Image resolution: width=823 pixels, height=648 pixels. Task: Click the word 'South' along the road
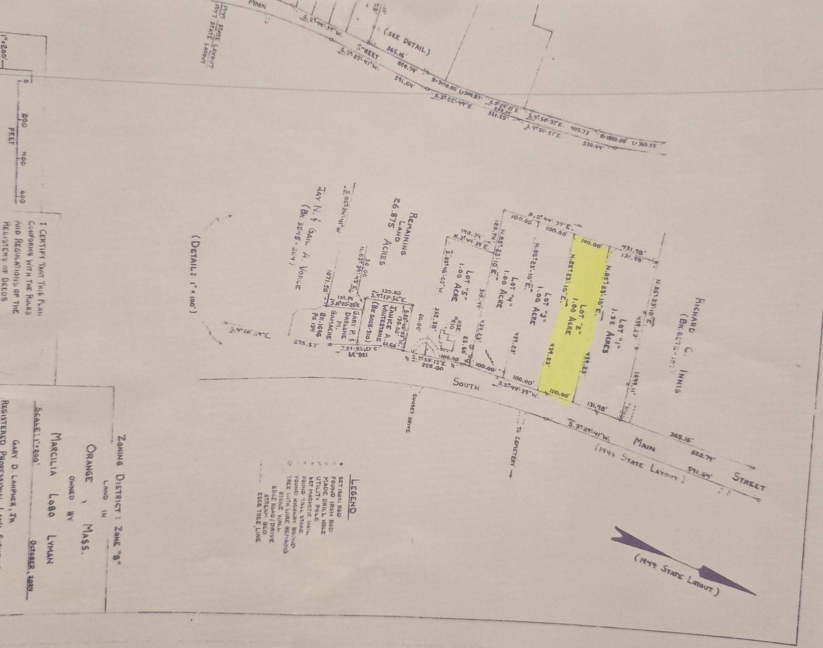pos(466,384)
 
